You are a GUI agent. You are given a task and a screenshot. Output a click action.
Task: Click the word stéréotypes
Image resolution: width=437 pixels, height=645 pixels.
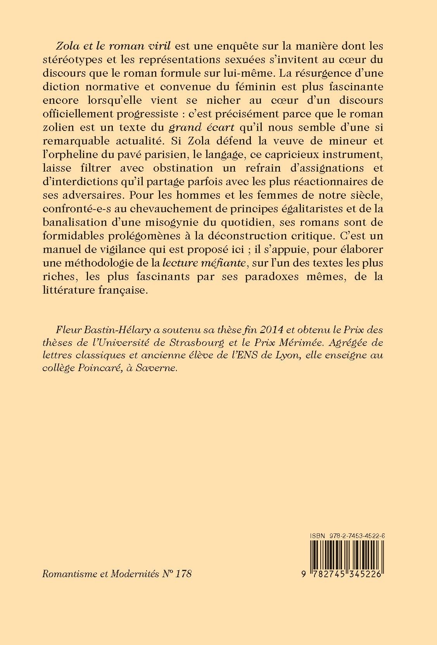pyautogui.click(x=74, y=60)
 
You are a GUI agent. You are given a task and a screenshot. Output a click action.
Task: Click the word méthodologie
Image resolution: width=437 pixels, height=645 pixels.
pyautogui.click(x=102, y=263)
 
